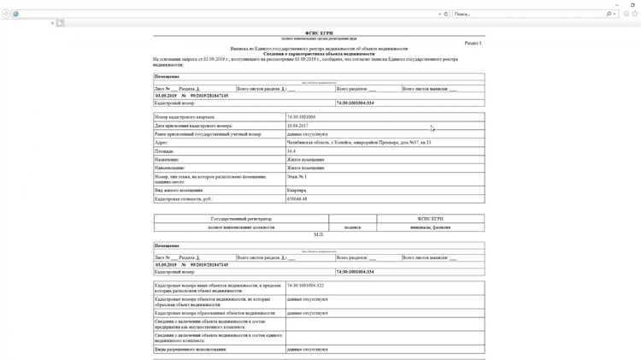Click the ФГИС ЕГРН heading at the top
(x=319, y=33)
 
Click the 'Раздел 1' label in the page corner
(x=473, y=43)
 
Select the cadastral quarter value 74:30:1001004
(x=302, y=117)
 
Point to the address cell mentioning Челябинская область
(x=359, y=143)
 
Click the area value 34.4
(x=291, y=151)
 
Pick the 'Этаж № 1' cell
(x=297, y=177)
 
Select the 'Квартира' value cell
(x=297, y=191)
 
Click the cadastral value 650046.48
(x=297, y=199)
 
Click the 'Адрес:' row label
(x=162, y=143)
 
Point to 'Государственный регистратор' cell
(x=241, y=219)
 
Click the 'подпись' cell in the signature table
(x=352, y=227)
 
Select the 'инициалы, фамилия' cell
(x=430, y=227)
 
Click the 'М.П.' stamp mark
(x=319, y=234)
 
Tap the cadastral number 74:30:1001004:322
(x=306, y=286)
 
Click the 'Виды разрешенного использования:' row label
(x=193, y=350)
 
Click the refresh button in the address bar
(x=446, y=14)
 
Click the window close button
(x=633, y=4)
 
